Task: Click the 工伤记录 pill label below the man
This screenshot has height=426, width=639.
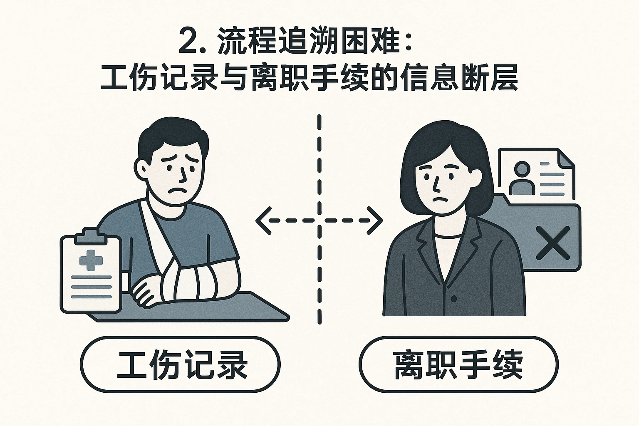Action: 180,365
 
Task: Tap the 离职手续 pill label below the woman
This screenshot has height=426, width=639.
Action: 458,365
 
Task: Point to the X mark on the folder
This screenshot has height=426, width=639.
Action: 553,242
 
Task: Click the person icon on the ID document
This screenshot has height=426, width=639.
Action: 522,178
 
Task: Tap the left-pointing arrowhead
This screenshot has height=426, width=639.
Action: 262,220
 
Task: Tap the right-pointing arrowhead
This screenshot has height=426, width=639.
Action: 376,220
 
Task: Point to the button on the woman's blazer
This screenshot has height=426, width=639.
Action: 454,299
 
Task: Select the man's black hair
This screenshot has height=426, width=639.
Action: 171,133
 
